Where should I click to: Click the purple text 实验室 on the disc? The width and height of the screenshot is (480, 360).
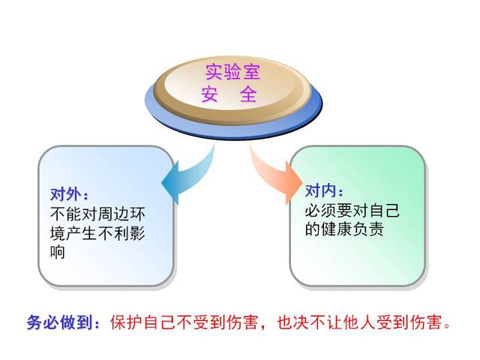click(x=232, y=72)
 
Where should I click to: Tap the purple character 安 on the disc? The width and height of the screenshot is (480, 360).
click(x=210, y=94)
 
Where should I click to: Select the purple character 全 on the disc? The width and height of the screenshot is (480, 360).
click(x=248, y=94)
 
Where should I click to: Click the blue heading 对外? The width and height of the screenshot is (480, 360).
click(x=69, y=194)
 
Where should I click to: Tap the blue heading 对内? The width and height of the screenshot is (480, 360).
click(x=324, y=191)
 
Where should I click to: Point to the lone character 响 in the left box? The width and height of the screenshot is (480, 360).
click(x=58, y=252)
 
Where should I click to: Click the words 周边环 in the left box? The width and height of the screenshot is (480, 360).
click(x=121, y=214)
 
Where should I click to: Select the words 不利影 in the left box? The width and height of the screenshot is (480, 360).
click(x=121, y=232)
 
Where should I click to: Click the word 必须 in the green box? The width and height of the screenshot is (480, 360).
click(x=321, y=211)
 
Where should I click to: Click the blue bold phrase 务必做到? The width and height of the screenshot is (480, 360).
click(x=60, y=322)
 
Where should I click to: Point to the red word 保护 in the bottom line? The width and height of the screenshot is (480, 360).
click(x=126, y=322)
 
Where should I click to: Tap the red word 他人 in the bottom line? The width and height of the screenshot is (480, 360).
click(x=359, y=322)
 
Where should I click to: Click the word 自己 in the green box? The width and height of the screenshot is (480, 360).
click(x=384, y=211)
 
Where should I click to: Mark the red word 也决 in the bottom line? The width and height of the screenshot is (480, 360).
click(x=293, y=322)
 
